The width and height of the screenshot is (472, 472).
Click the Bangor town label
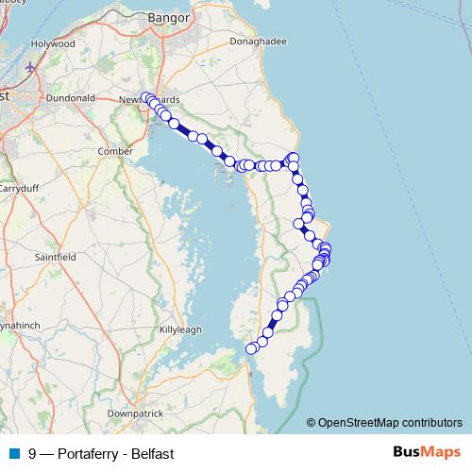[170, 17]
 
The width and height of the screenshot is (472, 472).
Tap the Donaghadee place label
[254, 43]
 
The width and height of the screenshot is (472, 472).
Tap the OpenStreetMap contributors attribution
[390, 422]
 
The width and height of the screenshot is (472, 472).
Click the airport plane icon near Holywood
[32, 68]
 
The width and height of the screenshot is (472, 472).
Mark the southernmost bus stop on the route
[251, 349]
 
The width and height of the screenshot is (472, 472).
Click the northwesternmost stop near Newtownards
[146, 97]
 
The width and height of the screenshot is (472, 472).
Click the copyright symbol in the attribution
[312, 422]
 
